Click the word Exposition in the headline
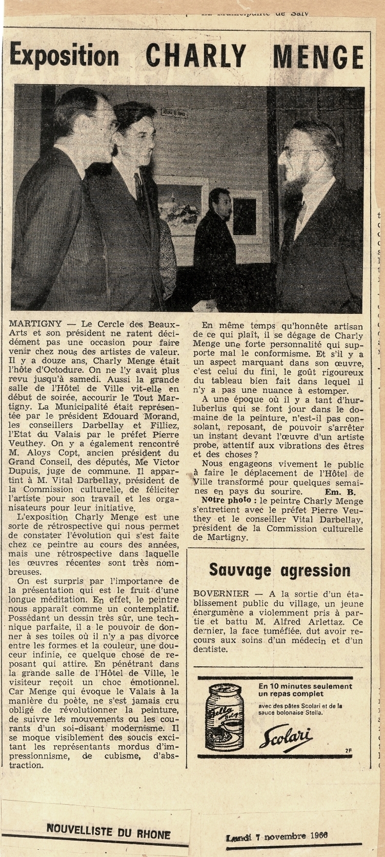point(64,55)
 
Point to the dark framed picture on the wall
point(245,216)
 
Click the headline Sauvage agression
point(280,570)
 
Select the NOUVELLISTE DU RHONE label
point(109,830)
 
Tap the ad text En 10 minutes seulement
point(306,686)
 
